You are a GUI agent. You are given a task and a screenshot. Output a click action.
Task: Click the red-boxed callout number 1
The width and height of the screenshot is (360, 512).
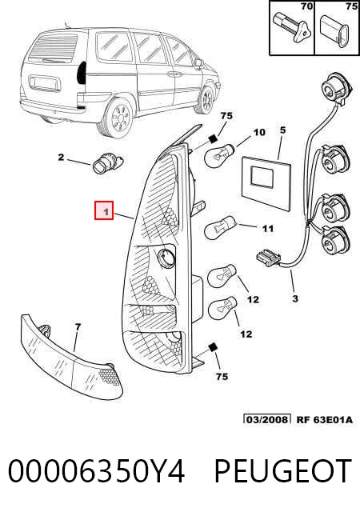(104, 210)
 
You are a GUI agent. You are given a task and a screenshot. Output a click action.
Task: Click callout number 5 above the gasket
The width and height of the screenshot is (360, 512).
(282, 130)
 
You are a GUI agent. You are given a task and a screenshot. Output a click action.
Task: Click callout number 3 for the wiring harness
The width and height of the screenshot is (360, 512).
(295, 298)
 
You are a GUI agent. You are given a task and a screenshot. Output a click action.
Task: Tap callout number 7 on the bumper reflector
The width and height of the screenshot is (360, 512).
(78, 326)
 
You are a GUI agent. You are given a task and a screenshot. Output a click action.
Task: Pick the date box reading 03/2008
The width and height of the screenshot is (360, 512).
(267, 419)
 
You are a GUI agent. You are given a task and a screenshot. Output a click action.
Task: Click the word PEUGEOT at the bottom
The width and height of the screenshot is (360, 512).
(283, 470)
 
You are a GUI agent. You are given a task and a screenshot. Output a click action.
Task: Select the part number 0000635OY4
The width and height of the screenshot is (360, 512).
(96, 470)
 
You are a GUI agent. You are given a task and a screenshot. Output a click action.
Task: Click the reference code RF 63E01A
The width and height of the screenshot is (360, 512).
(325, 419)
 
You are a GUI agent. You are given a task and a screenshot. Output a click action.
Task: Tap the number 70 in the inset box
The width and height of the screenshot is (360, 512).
(306, 6)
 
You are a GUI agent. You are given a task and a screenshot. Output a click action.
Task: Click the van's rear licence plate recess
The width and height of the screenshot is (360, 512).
(45, 83)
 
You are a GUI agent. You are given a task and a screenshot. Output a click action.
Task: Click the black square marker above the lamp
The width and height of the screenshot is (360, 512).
(213, 138)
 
